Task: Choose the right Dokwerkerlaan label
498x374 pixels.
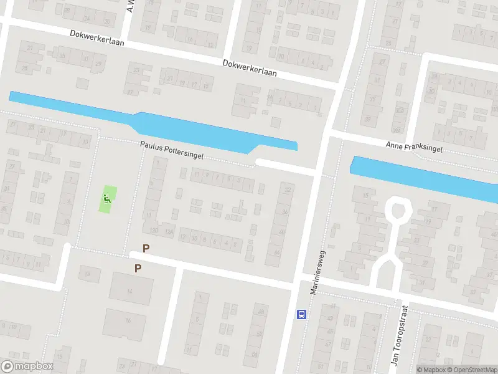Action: click(250, 68)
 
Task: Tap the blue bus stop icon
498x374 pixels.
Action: click(302, 314)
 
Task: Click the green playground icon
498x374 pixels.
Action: click(108, 199)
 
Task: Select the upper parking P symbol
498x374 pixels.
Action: click(146, 248)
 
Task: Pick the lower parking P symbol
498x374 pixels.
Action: click(138, 269)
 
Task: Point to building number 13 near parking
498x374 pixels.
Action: click(88, 274)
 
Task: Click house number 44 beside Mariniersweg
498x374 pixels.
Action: click(276, 252)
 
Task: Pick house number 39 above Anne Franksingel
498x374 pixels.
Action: click(367, 119)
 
